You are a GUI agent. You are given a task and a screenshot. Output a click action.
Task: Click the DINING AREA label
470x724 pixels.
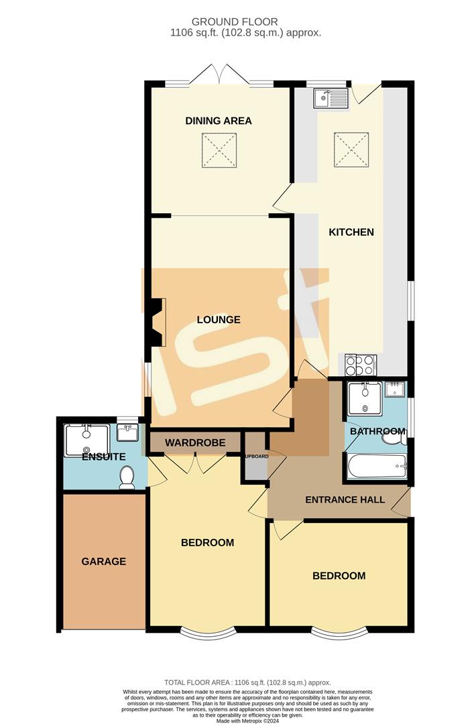[x=219, y=121]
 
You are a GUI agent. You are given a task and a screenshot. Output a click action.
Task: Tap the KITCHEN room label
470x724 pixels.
[x=351, y=233]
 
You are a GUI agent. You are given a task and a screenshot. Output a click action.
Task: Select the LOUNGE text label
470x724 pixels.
[x=219, y=320]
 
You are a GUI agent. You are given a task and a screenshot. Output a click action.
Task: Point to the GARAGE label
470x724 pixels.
[x=104, y=561]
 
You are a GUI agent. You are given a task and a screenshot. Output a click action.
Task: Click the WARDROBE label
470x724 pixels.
[x=194, y=442]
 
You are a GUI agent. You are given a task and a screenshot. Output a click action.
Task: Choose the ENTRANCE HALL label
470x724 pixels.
[x=345, y=499]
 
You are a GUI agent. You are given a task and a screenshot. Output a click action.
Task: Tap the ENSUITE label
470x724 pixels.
[x=104, y=457]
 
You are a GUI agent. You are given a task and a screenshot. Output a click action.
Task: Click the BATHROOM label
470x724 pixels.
[x=377, y=431]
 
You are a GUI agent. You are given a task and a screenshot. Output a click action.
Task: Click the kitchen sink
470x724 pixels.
[x=331, y=99]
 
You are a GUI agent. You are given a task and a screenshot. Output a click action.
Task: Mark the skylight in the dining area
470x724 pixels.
[x=219, y=150]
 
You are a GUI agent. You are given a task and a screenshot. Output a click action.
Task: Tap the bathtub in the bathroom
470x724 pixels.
[x=376, y=464]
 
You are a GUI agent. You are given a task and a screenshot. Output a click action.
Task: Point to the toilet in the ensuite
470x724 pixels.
[x=127, y=477]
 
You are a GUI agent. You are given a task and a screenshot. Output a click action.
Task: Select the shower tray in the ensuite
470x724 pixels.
[x=84, y=439]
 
